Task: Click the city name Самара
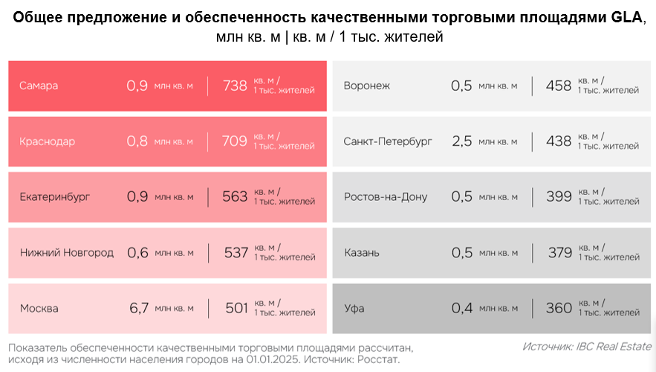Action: pos(39,86)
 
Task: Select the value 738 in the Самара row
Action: pos(235,86)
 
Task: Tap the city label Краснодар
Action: pos(48,141)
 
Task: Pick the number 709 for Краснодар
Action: pos(235,141)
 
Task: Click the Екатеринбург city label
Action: pos(55,197)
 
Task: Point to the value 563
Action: pos(235,197)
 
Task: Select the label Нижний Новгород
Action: pos(67,253)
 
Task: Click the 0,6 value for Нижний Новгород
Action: pos(138,253)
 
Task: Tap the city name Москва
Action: pos(39,309)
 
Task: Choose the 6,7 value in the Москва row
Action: pos(140,309)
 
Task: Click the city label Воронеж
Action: pos(367,86)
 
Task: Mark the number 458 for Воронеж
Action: pos(559,86)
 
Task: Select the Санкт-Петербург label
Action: pos(388,141)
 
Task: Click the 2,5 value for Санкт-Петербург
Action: pos(462,141)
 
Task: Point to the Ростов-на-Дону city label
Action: pos(386,197)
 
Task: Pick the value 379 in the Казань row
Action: pos(560,253)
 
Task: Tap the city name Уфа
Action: pos(354,309)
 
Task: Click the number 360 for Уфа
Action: pos(559,309)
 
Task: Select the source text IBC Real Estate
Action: pos(614,347)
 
